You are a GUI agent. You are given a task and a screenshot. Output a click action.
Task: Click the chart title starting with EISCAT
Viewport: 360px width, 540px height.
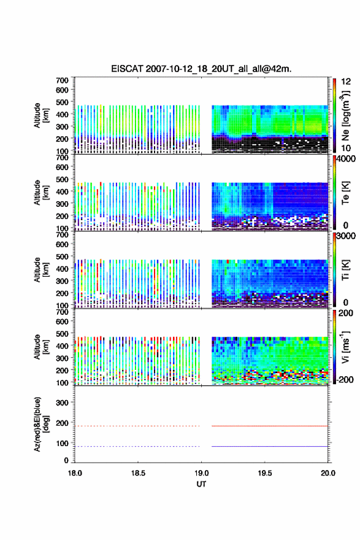(x=201, y=69)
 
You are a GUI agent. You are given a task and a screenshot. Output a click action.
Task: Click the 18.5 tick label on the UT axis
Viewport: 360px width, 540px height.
(x=138, y=473)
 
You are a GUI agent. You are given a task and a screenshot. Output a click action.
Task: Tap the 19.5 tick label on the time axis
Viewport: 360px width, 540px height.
(x=265, y=473)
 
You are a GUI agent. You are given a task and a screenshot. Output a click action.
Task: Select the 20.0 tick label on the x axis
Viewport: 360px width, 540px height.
(x=328, y=473)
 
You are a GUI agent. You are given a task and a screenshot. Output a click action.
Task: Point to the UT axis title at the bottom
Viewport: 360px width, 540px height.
(x=201, y=484)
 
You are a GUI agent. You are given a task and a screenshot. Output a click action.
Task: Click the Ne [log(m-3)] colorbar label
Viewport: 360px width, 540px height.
(x=345, y=116)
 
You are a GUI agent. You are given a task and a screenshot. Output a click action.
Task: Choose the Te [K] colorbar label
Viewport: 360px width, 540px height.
(x=345, y=193)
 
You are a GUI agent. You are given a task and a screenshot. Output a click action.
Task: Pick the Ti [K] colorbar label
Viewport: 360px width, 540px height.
(x=345, y=270)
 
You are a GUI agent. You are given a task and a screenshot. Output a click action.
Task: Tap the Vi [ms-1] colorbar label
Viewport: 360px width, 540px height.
(x=345, y=347)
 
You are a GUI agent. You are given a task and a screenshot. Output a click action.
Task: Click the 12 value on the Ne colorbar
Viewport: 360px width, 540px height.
(x=347, y=82)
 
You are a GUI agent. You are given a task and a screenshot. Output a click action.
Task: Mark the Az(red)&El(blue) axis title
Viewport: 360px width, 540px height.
(x=41, y=424)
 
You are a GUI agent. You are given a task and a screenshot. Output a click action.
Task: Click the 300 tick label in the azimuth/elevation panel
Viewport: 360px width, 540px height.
(x=62, y=403)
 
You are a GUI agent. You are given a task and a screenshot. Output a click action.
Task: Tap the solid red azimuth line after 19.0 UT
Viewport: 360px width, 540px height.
(x=270, y=426)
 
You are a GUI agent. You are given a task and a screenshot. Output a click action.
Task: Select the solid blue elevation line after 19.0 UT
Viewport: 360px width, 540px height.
(x=270, y=446)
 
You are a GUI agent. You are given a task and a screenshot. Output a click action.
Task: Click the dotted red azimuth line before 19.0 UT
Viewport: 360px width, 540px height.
(x=137, y=426)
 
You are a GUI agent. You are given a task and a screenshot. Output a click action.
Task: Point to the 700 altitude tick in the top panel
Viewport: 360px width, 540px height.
(x=62, y=80)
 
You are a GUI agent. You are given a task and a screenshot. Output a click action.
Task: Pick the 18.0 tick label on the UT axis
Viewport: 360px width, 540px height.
(x=75, y=473)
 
